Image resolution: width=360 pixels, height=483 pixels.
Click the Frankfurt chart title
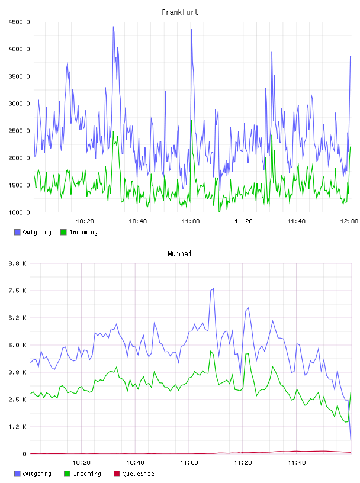(x=180, y=12)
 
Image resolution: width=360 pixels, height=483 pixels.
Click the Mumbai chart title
(x=179, y=254)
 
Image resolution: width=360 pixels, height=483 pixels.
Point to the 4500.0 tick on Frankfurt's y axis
(x=19, y=22)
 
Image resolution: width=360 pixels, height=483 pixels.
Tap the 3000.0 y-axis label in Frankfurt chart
(x=19, y=104)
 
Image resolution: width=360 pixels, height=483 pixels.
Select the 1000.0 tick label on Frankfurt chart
(x=19, y=212)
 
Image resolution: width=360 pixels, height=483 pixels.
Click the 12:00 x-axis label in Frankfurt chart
(x=349, y=221)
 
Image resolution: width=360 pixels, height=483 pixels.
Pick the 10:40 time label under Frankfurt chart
(x=138, y=221)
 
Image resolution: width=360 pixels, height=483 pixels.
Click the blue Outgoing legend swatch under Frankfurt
(x=17, y=232)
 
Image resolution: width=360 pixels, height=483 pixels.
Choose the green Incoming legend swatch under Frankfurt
(x=63, y=232)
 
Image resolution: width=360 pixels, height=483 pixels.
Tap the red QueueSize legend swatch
(x=117, y=474)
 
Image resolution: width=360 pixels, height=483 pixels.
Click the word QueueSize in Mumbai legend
(x=138, y=474)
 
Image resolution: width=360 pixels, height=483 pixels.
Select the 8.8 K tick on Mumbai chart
(x=17, y=263)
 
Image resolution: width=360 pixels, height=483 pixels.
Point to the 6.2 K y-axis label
(x=17, y=318)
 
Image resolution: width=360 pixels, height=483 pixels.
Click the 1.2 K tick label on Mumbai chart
(x=17, y=427)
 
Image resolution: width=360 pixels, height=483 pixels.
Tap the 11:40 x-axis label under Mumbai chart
(x=297, y=463)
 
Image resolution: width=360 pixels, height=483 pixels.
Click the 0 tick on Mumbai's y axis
(x=24, y=454)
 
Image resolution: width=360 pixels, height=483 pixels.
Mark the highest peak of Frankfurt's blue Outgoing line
(x=113, y=27)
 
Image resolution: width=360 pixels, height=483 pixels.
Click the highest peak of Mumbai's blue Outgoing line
(x=213, y=289)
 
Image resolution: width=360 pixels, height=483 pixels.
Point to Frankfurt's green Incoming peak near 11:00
(x=191, y=120)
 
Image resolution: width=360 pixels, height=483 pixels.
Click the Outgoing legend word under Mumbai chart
(x=37, y=474)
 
